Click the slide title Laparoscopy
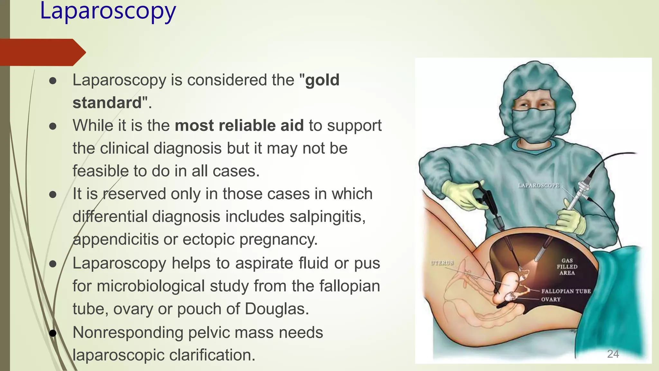coord(108,11)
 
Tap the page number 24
coord(613,354)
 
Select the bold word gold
coord(322,80)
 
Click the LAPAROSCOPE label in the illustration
coord(539,185)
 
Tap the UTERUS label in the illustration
coord(442,263)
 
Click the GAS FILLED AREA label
coord(567,267)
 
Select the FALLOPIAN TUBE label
coord(566,291)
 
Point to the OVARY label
coord(551,300)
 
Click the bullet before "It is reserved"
coord(53,195)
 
